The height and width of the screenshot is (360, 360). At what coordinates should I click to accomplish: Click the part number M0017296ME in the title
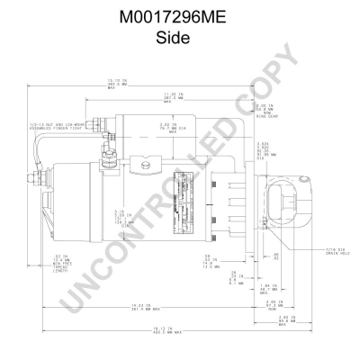pos(179,18)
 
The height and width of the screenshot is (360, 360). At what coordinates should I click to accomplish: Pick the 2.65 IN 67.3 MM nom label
pos(275,303)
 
